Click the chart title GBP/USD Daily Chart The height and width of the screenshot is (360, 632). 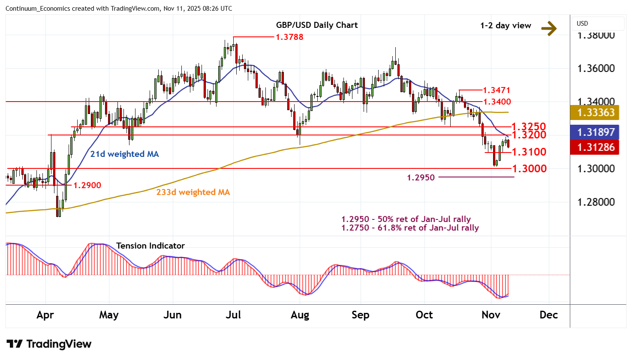coord(317,25)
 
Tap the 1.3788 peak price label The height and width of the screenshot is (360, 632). coord(289,37)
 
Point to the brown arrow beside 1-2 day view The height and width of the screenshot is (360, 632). coord(549,28)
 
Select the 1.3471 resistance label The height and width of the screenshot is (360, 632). coord(497,90)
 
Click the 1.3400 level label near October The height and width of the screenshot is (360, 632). coord(497,102)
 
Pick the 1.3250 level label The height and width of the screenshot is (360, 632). coord(529,126)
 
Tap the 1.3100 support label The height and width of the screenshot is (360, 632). coord(529,152)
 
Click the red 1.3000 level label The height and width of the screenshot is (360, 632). coord(530,168)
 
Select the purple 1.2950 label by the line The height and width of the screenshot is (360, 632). coord(421,177)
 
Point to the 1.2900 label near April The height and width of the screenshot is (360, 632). coord(87,185)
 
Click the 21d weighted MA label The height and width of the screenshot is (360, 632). coord(124,154)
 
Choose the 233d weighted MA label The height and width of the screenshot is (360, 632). coord(193,192)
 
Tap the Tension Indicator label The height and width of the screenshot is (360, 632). coord(150,246)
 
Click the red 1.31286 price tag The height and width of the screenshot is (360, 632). coord(596,147)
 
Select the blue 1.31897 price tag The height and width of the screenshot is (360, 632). coord(596,132)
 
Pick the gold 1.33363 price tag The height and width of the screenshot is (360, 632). coord(596,113)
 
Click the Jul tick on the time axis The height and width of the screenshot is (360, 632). coord(233,315)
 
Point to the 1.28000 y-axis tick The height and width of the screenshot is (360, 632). coord(596,202)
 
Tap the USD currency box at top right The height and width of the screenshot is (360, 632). coord(598,24)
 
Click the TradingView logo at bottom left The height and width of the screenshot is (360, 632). coord(49,344)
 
